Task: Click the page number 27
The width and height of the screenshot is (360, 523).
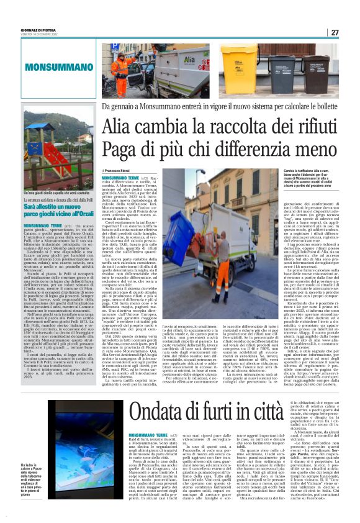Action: point(334,32)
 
